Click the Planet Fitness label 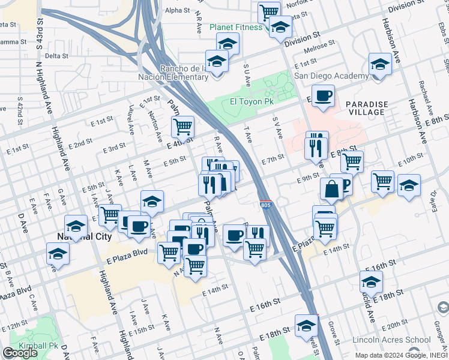[235, 27]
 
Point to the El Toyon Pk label [252, 102]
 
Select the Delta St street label [56, 56]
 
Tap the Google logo [20, 353]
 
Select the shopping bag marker [331, 190]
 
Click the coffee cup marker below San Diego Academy [323, 96]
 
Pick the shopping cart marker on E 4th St [182, 127]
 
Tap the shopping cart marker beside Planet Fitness [269, 11]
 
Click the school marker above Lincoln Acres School [372, 281]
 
